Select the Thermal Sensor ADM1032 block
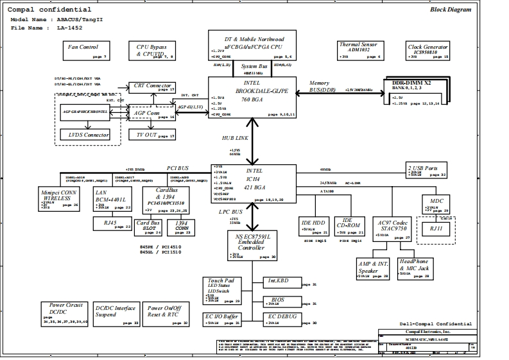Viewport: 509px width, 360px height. pos(361,50)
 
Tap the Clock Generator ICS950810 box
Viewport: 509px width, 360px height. pos(428,50)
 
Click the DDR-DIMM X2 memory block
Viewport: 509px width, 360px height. pos(415,92)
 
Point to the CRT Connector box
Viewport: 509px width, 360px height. pos(152,87)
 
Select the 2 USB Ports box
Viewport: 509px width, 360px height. pos(426,171)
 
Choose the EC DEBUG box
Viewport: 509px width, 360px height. pos(282,317)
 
